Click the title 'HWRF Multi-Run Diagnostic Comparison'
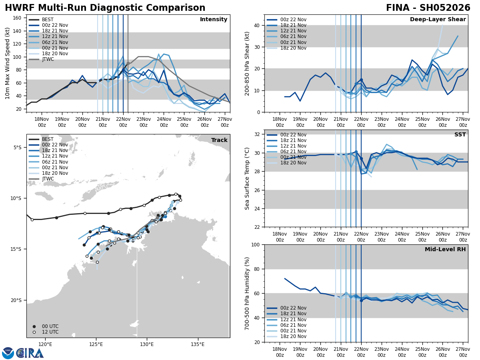tap(105, 8)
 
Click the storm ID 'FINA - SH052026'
tap(428, 8)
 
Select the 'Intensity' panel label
tap(214, 20)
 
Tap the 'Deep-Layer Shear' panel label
tap(438, 20)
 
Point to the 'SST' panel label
tap(460, 135)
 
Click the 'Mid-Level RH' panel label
tap(445, 250)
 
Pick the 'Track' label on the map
tap(219, 140)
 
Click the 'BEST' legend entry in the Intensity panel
tap(48, 20)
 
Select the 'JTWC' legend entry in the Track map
tap(48, 179)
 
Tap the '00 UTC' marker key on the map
tap(50, 326)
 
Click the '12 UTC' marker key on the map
tap(50, 332)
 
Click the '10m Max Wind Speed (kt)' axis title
tap(8, 63)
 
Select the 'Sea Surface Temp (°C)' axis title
tap(247, 178)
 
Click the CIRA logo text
tap(30, 353)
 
